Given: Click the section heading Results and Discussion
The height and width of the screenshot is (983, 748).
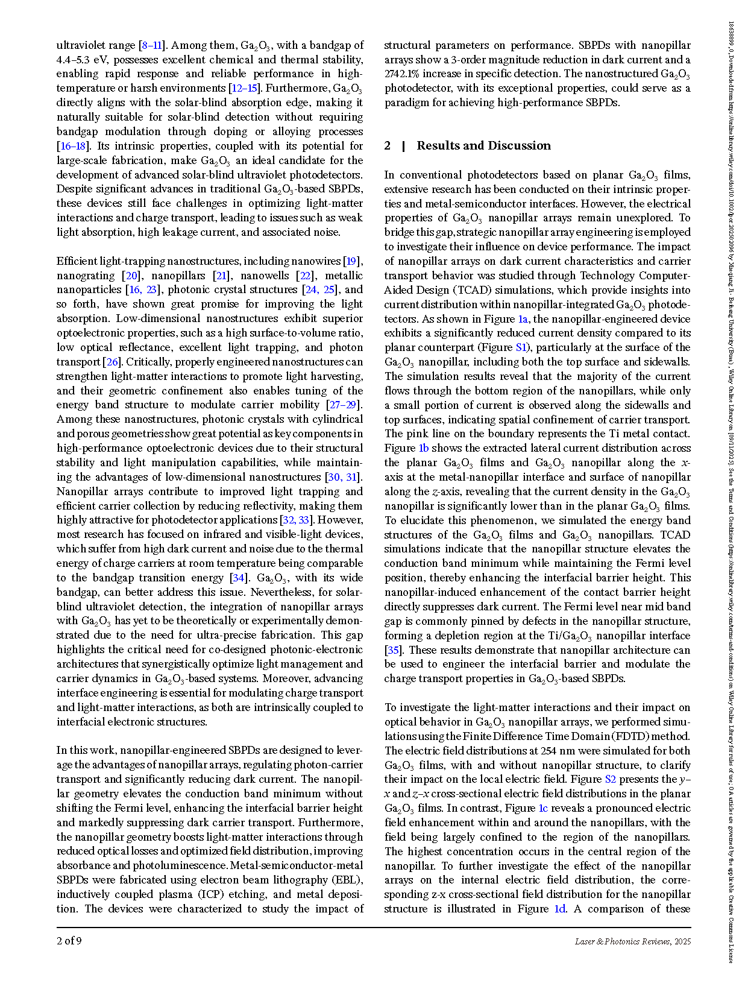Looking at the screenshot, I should pyautogui.click(x=483, y=145).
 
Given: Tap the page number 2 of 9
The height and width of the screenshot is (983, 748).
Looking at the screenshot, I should pyautogui.click(x=69, y=941).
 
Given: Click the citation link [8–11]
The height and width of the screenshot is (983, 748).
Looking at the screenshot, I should pyautogui.click(x=151, y=45).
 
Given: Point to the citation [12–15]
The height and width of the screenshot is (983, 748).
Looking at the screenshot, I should pyautogui.click(x=244, y=88).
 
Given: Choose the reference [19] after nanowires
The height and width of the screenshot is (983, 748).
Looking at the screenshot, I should pyautogui.click(x=352, y=261).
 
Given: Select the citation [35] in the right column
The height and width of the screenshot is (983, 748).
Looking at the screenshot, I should pyautogui.click(x=392, y=650).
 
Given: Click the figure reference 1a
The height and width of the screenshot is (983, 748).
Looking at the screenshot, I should pyautogui.click(x=523, y=319).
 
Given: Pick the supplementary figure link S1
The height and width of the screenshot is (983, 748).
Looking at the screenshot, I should pyautogui.click(x=522, y=347).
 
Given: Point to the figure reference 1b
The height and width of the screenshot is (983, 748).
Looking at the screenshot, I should pyautogui.click(x=424, y=448).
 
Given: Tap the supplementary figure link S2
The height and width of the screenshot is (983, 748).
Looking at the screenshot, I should pyautogui.click(x=610, y=779).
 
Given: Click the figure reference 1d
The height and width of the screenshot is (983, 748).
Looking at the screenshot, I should pyautogui.click(x=560, y=909).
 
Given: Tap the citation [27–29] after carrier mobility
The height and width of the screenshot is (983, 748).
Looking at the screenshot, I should pyautogui.click(x=342, y=405).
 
